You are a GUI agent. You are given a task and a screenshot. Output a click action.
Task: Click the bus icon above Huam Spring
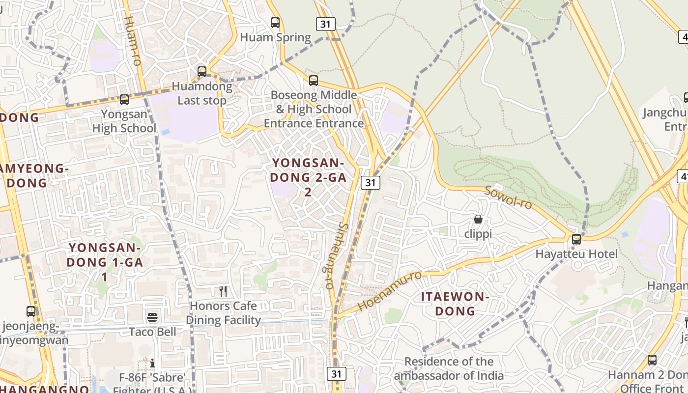tap(275, 22)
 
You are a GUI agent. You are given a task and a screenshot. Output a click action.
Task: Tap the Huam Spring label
tap(275, 37)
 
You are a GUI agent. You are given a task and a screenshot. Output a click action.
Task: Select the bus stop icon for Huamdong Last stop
tap(202, 72)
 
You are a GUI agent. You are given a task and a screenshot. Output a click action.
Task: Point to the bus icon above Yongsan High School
tap(124, 100)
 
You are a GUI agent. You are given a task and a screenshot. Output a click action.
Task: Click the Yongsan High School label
tap(124, 121)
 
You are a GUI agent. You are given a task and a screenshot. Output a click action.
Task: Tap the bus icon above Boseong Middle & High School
tap(314, 80)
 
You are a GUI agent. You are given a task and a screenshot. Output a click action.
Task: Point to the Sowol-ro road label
tap(508, 197)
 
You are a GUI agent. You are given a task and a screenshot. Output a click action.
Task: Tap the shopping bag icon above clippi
tap(478, 219)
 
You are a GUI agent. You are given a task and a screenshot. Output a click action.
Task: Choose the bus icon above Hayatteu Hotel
tap(576, 239)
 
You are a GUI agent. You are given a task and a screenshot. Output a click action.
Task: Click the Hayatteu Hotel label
tap(576, 254)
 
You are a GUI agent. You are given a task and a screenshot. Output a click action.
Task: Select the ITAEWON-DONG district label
tap(455, 304)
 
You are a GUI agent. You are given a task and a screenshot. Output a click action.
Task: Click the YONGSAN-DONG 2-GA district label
tap(308, 177)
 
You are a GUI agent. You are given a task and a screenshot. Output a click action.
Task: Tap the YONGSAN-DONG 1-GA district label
tap(105, 262)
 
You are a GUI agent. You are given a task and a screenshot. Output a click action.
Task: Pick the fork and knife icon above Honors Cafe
tap(224, 291)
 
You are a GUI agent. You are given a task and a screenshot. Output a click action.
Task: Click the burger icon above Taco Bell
tap(152, 317)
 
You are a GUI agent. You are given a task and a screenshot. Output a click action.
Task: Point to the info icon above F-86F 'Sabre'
tap(152, 363)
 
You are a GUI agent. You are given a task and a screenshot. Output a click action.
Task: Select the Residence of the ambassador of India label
tap(449, 368)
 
